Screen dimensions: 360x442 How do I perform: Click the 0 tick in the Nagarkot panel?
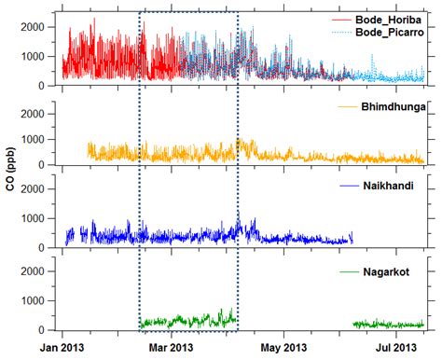tap(45, 330)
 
